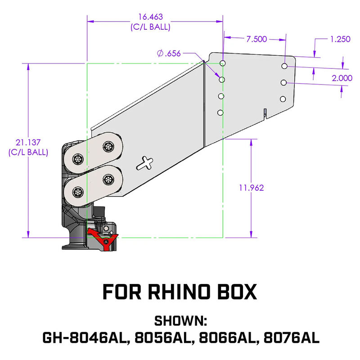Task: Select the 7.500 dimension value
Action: pyautogui.click(x=256, y=39)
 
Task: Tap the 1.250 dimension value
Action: pyautogui.click(x=340, y=39)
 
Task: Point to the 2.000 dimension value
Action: pyautogui.click(x=342, y=78)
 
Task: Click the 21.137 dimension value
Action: pyautogui.click(x=28, y=143)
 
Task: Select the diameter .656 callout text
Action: pyautogui.click(x=169, y=54)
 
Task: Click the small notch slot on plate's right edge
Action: pyautogui.click(x=265, y=112)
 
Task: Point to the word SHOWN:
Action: pyautogui.click(x=180, y=321)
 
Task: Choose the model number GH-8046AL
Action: pyautogui.click(x=84, y=337)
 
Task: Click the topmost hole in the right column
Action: pyautogui.click(x=284, y=66)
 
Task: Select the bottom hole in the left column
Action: pyautogui.click(x=220, y=112)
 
